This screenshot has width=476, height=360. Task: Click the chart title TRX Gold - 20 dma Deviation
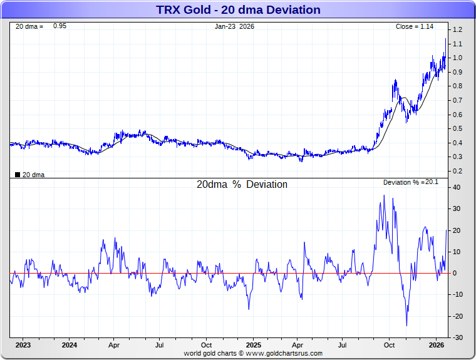coord(237,10)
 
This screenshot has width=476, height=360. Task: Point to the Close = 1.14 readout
coord(414,26)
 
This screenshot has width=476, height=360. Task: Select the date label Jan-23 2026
coord(234,26)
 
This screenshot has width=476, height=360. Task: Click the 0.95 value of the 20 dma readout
coord(59,26)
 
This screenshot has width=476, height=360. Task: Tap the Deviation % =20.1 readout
coord(412,182)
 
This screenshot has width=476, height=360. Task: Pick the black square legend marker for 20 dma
coord(17,175)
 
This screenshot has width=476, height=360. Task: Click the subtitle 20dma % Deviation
coord(242,185)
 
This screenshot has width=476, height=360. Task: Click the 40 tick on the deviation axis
coord(457,187)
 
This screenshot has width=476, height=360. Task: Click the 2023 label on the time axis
coord(23,345)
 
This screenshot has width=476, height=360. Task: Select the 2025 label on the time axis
coord(253,345)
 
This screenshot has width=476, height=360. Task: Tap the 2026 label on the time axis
coord(437,345)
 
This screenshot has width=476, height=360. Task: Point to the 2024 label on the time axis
coord(70,345)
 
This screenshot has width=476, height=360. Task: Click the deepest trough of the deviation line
coord(406,325)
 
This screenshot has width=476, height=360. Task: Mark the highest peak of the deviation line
coord(384,195)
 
